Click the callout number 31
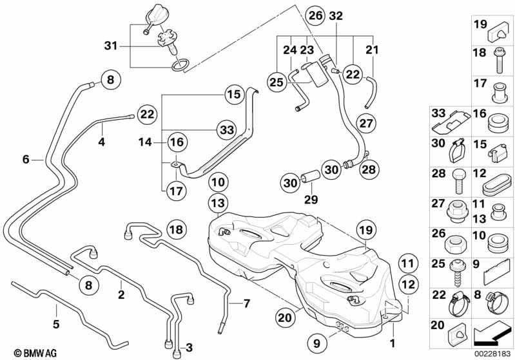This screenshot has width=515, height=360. pyautogui.click(x=112, y=45)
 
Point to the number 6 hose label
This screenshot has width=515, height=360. pyautogui.click(x=26, y=159)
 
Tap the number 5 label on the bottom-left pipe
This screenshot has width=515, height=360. pyautogui.click(x=56, y=324)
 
